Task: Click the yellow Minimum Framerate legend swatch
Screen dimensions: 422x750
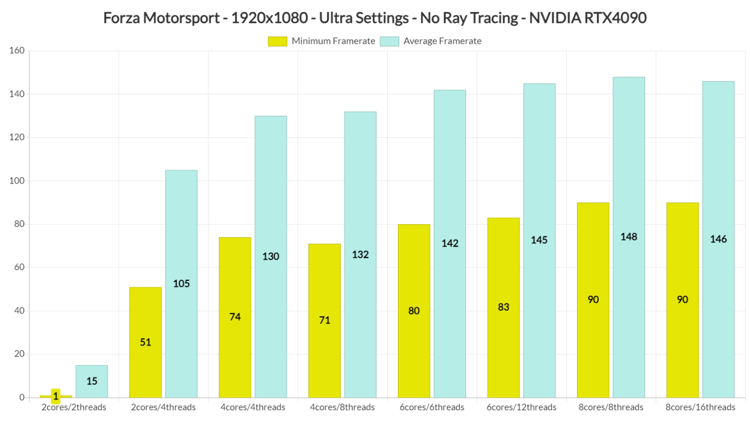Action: click(x=277, y=42)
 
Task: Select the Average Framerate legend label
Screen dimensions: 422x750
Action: click(x=442, y=42)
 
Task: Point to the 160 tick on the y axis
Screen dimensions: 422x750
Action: click(x=17, y=51)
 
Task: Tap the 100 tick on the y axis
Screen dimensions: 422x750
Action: click(x=17, y=181)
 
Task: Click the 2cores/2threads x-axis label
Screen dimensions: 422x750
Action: click(x=74, y=407)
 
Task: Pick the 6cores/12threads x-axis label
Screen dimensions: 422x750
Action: click(x=521, y=407)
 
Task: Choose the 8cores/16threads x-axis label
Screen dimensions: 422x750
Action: click(x=700, y=407)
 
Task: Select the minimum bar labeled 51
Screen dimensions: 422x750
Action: click(x=146, y=342)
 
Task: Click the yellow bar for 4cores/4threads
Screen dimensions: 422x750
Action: click(x=235, y=317)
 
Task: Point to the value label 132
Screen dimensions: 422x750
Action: click(x=360, y=254)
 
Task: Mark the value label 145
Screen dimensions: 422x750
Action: click(x=539, y=240)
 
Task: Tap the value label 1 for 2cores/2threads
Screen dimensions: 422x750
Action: click(x=56, y=396)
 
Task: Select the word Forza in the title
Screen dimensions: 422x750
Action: click(x=122, y=18)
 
